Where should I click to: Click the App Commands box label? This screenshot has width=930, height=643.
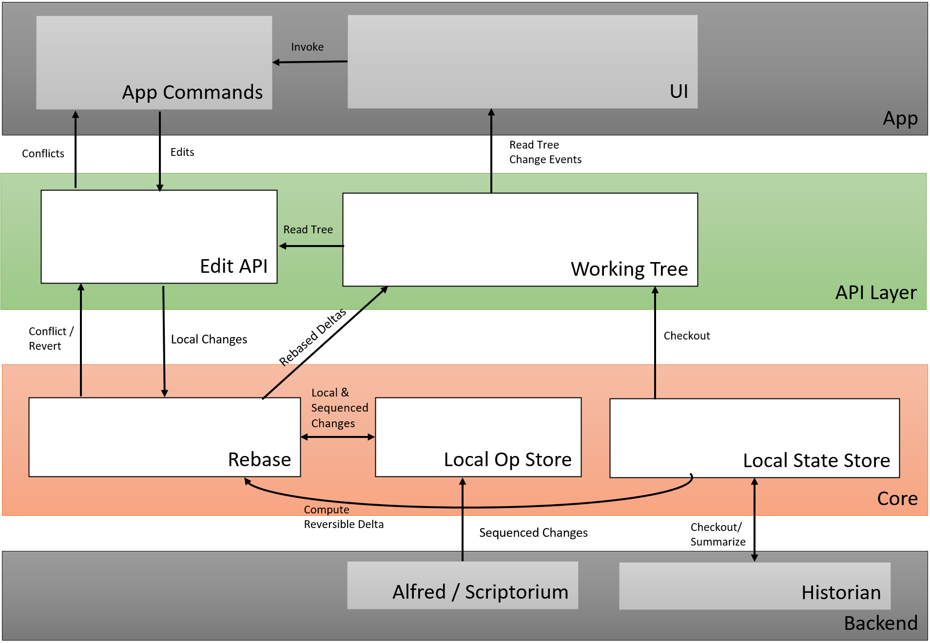click(x=192, y=93)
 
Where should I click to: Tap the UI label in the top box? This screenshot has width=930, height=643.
click(x=678, y=92)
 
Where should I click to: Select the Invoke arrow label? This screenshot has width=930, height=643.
click(x=307, y=47)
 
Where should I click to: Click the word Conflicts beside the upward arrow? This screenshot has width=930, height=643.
click(x=43, y=154)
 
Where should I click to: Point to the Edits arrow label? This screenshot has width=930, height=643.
click(x=182, y=152)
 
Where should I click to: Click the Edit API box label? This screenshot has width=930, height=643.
click(x=233, y=266)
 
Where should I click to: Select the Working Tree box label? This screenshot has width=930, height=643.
click(x=629, y=269)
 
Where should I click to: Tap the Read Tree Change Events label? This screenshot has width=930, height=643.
click(x=545, y=152)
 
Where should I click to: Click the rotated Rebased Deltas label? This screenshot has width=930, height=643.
click(x=312, y=337)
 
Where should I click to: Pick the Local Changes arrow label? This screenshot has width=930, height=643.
click(x=209, y=340)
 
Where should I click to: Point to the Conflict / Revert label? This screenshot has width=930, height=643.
click(x=50, y=339)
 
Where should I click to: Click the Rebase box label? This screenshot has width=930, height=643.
click(x=259, y=460)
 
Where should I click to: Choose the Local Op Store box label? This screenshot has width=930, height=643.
click(x=507, y=460)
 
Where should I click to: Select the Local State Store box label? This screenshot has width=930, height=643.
click(x=816, y=461)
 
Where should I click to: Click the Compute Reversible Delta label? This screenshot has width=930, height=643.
click(x=343, y=517)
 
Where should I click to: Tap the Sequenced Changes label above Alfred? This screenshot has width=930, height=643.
click(x=533, y=533)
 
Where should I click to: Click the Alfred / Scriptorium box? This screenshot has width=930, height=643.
click(x=463, y=586)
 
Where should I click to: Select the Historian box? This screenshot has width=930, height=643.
click(x=755, y=586)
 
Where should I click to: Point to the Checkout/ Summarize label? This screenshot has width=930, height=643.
click(x=717, y=535)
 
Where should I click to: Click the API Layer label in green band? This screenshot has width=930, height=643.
click(x=875, y=293)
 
